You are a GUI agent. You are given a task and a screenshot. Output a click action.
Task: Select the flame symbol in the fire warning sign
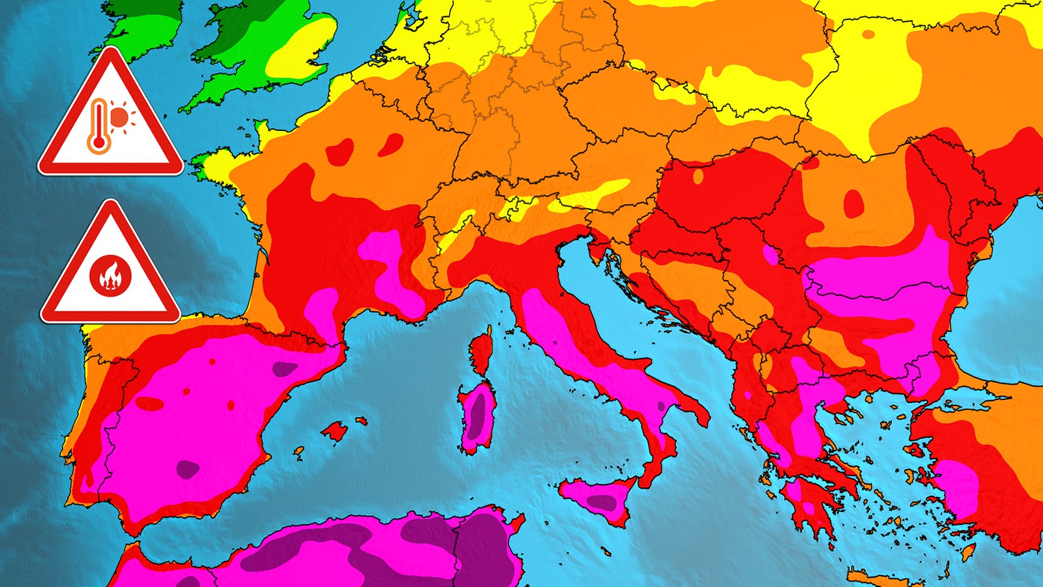pos(110,275)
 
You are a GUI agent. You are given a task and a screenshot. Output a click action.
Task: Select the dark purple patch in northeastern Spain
pos(284,369)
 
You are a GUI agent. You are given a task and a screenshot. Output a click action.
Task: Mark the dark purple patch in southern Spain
pos(188,468)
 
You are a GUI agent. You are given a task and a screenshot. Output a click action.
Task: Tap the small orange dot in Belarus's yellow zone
pos(868,34)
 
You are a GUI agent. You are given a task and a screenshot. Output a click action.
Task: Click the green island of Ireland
pos(140,26)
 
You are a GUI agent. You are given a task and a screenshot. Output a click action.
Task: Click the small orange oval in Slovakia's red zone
pos(698,175)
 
